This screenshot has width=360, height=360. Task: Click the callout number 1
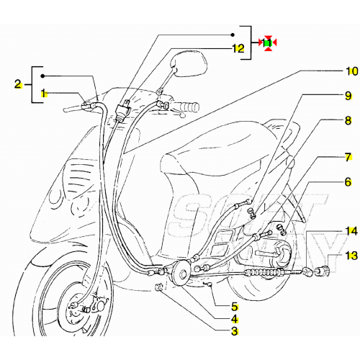click(x=44, y=93)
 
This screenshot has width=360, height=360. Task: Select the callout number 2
click(x=17, y=84)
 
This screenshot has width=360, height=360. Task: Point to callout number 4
click(x=234, y=319)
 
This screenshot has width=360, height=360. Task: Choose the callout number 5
click(x=234, y=307)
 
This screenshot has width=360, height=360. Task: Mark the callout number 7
click(x=348, y=156)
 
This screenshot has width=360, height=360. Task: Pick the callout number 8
click(x=348, y=120)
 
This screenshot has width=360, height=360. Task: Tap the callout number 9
click(x=348, y=96)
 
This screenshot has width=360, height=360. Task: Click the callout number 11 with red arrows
click(x=267, y=43)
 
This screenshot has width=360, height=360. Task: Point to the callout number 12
click(x=238, y=50)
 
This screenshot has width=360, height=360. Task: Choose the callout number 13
click(x=351, y=256)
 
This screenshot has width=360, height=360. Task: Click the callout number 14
click(x=351, y=231)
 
